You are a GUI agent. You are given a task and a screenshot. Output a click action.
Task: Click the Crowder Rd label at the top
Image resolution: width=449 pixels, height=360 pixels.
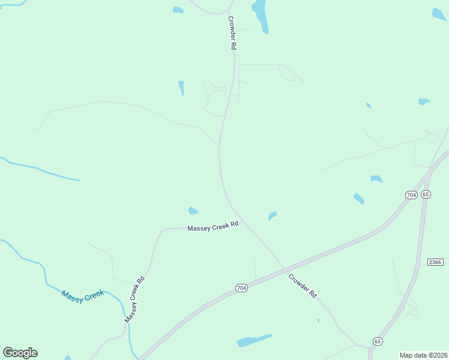click(x=231, y=32)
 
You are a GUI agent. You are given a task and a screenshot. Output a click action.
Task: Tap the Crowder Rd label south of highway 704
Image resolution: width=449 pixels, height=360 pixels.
click(x=302, y=286)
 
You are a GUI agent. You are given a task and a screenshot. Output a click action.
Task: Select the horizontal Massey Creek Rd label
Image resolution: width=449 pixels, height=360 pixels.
click(x=213, y=226)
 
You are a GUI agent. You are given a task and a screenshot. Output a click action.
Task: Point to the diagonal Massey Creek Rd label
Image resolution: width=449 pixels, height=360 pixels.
click(x=135, y=299)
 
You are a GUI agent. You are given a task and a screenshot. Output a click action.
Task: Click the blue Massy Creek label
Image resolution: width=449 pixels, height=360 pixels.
click(x=83, y=296)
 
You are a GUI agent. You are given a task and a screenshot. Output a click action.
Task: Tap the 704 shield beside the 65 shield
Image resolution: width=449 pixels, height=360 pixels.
click(x=411, y=195)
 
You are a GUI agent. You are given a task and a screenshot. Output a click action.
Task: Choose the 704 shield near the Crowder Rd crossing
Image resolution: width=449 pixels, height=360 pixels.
click(x=241, y=288)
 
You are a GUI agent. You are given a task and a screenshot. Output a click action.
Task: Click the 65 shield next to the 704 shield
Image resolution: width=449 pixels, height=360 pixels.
click(x=426, y=194)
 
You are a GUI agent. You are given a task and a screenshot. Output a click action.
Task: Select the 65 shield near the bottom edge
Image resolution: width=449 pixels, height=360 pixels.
click(x=377, y=340)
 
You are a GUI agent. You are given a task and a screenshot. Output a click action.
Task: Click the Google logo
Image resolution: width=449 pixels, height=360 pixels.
click(x=20, y=353)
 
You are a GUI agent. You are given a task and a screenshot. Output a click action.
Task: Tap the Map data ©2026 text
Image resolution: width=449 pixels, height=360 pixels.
click(x=423, y=355)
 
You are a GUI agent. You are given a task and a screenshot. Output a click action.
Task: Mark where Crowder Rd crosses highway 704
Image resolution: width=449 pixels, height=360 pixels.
click(x=284, y=268)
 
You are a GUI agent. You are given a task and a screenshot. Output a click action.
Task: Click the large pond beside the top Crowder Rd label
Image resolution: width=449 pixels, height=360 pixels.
click(x=261, y=15)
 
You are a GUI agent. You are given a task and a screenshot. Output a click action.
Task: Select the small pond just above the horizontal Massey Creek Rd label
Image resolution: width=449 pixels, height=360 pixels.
click(x=193, y=211)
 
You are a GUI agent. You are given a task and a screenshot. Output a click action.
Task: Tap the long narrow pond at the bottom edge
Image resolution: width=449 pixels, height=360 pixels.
click(x=254, y=340)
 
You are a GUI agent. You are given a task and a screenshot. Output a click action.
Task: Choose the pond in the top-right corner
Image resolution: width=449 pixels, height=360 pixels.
click(x=439, y=14)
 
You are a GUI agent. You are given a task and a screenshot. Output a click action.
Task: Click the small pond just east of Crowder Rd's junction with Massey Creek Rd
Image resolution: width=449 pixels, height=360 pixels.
click(x=273, y=215)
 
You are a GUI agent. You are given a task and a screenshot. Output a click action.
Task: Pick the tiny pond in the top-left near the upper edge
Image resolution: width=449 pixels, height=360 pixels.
click(x=178, y=10)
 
